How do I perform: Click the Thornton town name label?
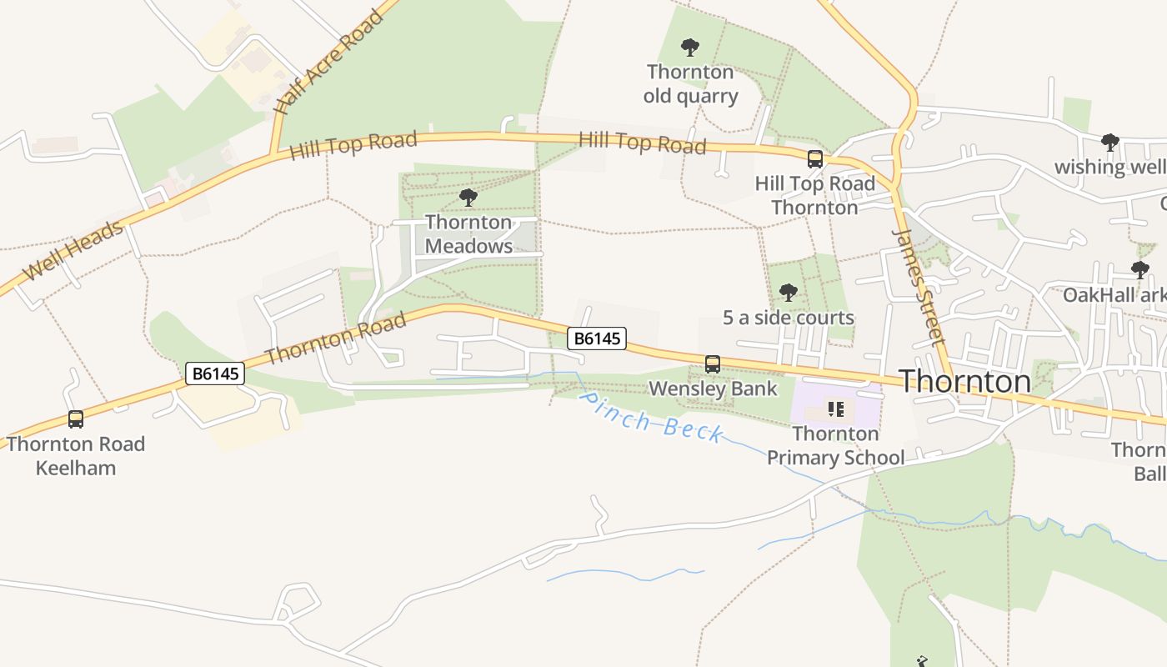(x=964, y=381)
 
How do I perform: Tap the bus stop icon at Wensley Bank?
(x=713, y=364)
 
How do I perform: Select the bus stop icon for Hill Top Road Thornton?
(x=815, y=159)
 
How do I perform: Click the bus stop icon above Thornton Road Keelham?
(x=76, y=419)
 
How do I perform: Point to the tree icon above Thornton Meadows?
(x=468, y=198)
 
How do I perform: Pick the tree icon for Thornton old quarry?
(x=690, y=48)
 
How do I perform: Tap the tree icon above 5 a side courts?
(x=788, y=293)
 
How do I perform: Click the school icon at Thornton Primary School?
(x=836, y=409)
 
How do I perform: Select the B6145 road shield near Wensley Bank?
(x=597, y=339)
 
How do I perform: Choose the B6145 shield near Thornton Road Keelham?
(x=215, y=374)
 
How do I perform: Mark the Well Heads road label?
(x=73, y=250)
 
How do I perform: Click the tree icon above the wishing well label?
(x=1109, y=143)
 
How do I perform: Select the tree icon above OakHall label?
(x=1139, y=270)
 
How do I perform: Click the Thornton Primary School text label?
(x=835, y=445)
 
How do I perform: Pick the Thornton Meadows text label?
(x=468, y=234)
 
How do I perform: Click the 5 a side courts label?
(x=788, y=318)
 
